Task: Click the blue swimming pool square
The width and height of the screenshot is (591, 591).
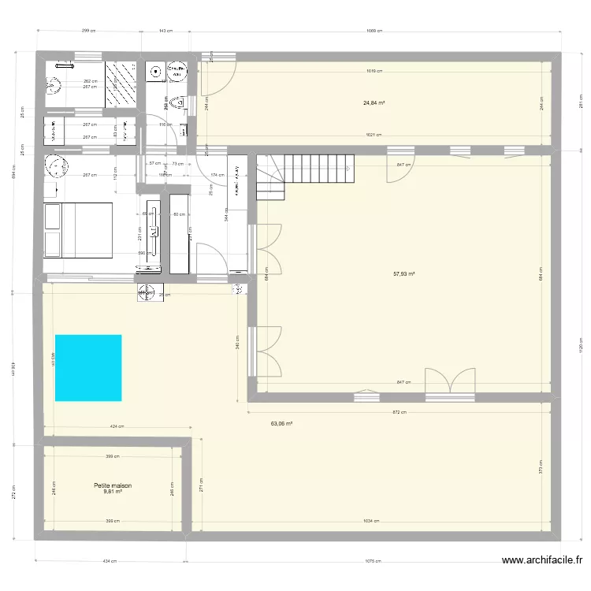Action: click(88, 367)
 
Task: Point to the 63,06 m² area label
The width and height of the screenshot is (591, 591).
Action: click(281, 423)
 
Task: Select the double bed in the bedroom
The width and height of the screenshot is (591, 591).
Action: click(78, 229)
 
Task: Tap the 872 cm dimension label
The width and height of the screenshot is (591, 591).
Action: click(399, 411)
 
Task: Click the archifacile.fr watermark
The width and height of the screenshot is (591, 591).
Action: click(542, 561)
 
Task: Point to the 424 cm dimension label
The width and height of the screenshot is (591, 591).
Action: click(117, 426)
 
